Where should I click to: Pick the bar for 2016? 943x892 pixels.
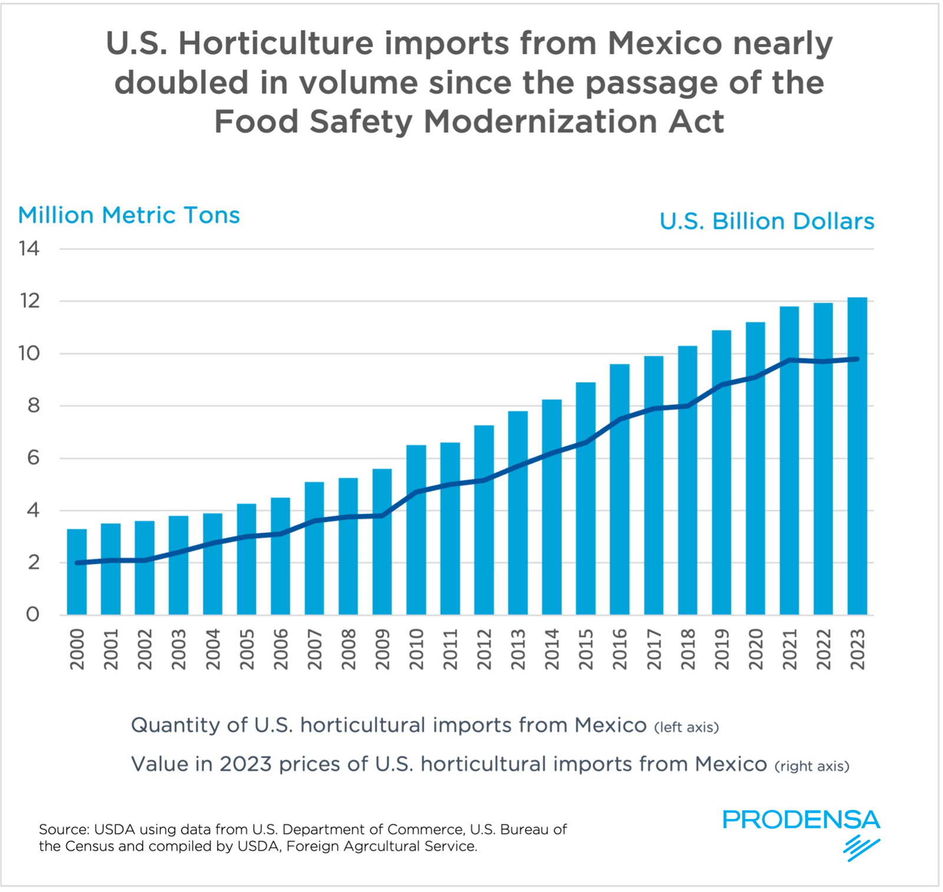tap(619, 489)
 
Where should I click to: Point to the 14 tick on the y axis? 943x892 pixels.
tap(29, 249)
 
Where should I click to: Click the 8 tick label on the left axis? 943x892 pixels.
tap(33, 406)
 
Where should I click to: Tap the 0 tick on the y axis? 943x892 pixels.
tap(33, 614)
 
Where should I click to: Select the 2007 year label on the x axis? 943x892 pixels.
tap(315, 649)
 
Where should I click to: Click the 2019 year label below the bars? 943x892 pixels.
tap(722, 649)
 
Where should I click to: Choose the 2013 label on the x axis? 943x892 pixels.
tap(518, 649)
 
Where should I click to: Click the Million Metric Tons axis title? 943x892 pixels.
tap(128, 215)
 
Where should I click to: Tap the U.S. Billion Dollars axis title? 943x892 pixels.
tap(766, 222)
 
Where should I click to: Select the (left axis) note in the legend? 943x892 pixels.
tap(686, 728)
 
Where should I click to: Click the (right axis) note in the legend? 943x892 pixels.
tap(812, 766)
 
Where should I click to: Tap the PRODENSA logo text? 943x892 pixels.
tap(800, 819)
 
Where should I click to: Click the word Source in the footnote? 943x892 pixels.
tap(62, 830)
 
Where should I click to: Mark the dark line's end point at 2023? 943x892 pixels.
tap(857, 359)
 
